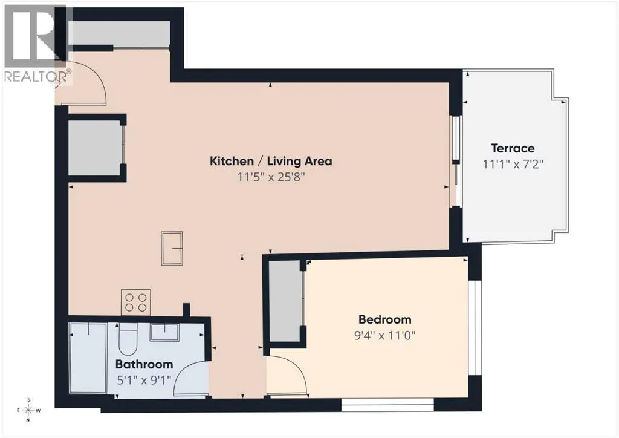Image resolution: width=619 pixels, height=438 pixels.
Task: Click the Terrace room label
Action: coord(513,148)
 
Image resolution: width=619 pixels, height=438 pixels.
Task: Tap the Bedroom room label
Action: coord(384,319)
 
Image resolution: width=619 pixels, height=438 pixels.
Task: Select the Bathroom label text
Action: coord(144,364)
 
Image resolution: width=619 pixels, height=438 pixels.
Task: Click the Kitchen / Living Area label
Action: coord(271,161)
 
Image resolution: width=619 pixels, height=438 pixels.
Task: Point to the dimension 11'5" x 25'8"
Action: coord(271,177)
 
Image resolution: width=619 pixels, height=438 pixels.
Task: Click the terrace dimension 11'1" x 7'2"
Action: coord(513,164)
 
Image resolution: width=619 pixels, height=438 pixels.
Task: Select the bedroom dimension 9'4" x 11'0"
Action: coord(384,335)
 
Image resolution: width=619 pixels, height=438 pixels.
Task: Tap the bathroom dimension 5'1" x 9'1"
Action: coord(144,381)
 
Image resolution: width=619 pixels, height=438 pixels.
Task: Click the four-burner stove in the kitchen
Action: coord(136,302)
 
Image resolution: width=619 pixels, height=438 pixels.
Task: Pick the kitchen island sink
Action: coord(172,248)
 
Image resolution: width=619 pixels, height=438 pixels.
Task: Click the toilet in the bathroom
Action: coord(128,338)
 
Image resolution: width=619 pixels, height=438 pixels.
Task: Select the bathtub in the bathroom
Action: coord(88,358)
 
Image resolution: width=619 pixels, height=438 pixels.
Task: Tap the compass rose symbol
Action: coord(28,410)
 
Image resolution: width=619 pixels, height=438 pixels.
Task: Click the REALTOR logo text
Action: coord(38,76)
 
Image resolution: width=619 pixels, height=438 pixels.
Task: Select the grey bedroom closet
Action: coord(285,301)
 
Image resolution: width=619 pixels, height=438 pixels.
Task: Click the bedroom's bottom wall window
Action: coord(387,405)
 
